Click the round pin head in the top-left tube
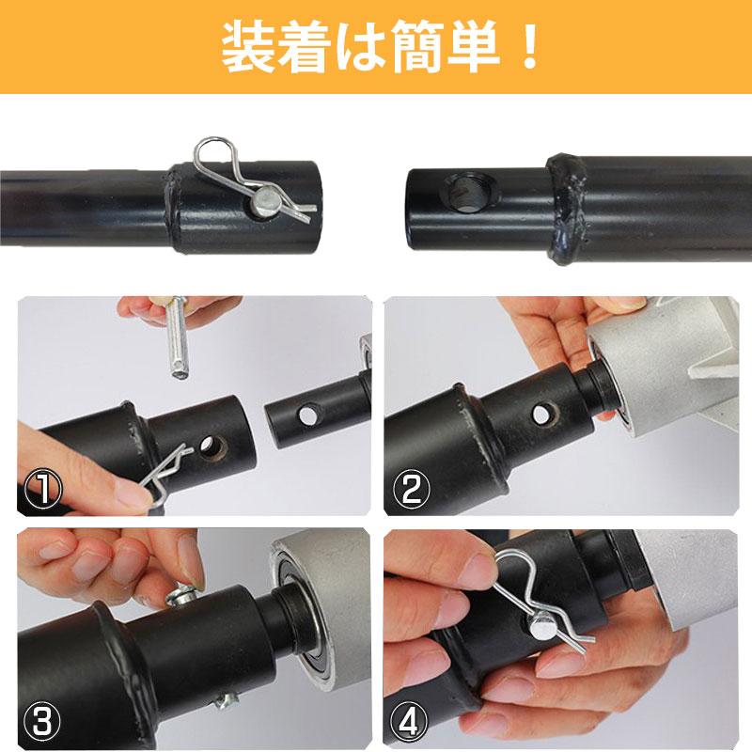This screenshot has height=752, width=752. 267,199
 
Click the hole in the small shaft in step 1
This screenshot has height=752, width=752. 305,415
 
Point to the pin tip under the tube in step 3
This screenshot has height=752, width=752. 227,699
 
